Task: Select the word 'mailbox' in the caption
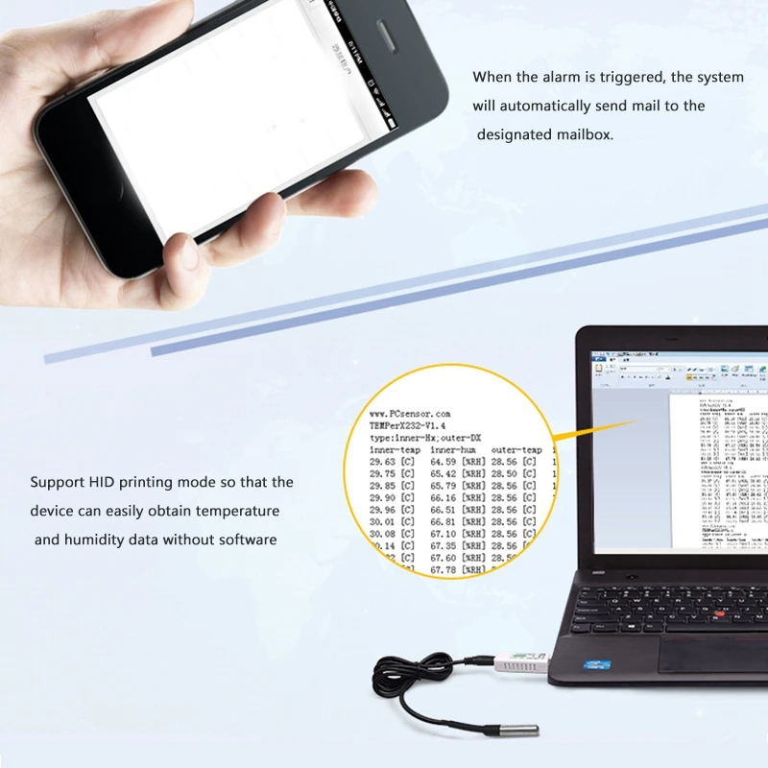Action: (x=585, y=134)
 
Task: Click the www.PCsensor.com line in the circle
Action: (x=410, y=412)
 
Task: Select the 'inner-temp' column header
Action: (x=396, y=449)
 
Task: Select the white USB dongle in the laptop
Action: (x=523, y=663)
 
